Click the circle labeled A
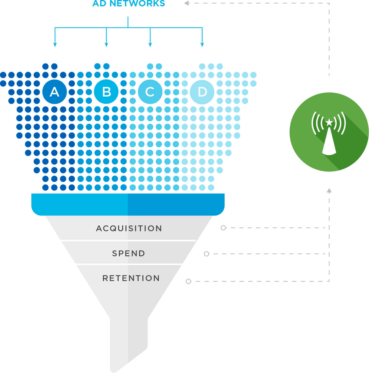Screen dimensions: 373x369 point(55,92)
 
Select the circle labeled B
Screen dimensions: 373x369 point(106,92)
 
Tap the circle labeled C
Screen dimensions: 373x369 point(150,92)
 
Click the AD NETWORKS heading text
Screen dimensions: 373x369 point(129,4)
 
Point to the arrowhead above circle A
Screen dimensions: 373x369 point(55,45)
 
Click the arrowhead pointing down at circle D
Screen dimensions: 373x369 point(202,45)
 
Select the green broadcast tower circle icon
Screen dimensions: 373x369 point(329,132)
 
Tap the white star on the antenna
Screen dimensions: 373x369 point(329,122)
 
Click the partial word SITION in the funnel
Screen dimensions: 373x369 point(145,228)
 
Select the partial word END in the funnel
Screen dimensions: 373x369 point(137,253)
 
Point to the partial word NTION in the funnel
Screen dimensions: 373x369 point(144,278)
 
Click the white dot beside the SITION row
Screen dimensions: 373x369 point(223,228)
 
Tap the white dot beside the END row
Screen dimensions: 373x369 point(207,254)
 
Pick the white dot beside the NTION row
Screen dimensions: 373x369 point(188,281)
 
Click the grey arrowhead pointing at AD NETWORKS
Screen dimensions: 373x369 point(186,3)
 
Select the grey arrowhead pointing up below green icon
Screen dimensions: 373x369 point(329,191)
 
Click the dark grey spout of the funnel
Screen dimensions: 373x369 point(119,341)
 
